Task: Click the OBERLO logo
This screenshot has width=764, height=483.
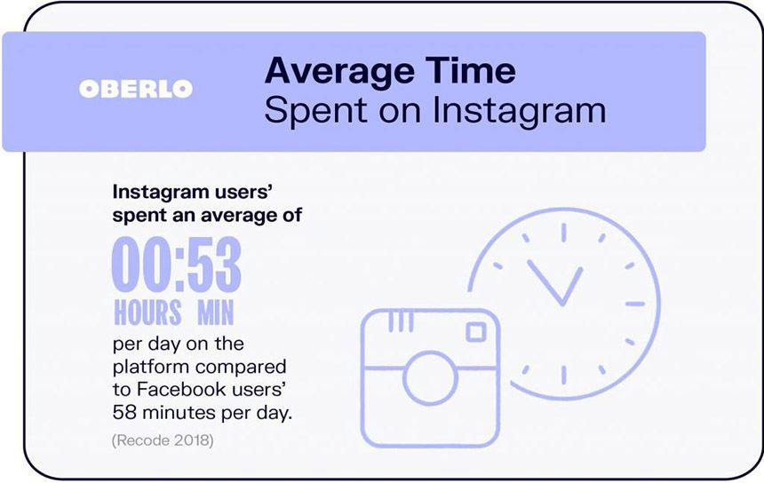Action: coord(136,89)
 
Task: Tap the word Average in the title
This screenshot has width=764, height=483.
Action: coord(339,71)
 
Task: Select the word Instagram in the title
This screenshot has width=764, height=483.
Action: coord(520,111)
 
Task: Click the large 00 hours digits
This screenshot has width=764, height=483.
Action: coord(142,264)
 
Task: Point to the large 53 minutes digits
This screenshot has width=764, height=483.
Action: coord(214,264)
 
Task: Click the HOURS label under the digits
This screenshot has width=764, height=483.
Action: coord(147,313)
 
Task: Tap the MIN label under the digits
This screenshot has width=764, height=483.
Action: coord(215,313)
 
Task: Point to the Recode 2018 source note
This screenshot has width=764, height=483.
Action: coord(163,440)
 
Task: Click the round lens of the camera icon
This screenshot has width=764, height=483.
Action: coord(430,378)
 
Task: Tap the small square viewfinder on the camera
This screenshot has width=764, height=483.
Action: coord(476,333)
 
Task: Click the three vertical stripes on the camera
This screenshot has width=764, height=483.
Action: coord(401,321)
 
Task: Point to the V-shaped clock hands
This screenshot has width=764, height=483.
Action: coord(555,282)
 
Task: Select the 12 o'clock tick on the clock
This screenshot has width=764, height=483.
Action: coord(564,233)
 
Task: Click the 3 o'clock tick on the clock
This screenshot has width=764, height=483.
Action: coord(635,304)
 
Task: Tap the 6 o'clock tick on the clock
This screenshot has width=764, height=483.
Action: coord(564,375)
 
